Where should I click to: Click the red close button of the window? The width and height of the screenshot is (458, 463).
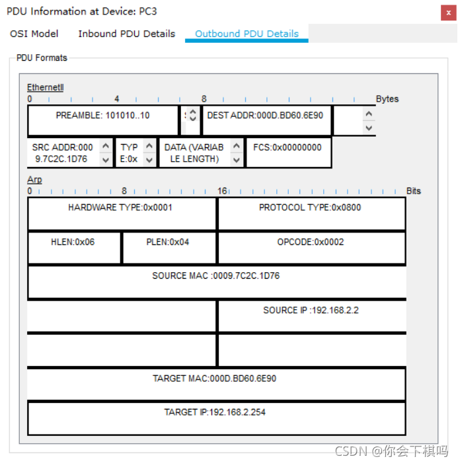[445, 12]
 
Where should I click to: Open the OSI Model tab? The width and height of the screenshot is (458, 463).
[34, 34]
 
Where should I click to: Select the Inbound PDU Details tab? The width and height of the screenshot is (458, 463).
[127, 34]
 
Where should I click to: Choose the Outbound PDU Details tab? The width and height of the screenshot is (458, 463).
[247, 34]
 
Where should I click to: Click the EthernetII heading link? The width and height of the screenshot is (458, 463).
[45, 87]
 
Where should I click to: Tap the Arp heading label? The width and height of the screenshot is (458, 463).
[34, 180]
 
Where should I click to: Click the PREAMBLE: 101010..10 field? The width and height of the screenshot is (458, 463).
[102, 116]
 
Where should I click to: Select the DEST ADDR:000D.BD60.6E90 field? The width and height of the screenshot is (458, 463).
[265, 116]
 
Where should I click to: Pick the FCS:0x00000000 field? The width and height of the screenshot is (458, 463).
[287, 147]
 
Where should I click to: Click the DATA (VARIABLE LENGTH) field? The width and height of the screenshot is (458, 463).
[194, 153]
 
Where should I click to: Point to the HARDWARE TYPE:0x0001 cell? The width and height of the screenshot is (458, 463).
[120, 207]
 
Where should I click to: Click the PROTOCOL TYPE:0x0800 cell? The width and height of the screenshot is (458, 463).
[310, 207]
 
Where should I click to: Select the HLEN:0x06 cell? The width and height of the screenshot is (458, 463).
[73, 242]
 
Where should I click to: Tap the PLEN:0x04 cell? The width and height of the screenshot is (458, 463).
[168, 242]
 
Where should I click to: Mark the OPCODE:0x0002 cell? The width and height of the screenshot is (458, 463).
[311, 242]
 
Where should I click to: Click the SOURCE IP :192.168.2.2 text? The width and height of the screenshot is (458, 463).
[311, 310]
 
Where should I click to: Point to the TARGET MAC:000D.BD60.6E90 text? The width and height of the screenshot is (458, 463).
[215, 378]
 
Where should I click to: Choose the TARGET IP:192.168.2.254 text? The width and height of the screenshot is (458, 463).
[215, 412]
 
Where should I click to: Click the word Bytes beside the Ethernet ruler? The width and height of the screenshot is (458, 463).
[387, 99]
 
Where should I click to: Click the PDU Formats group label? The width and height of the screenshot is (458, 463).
[42, 58]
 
